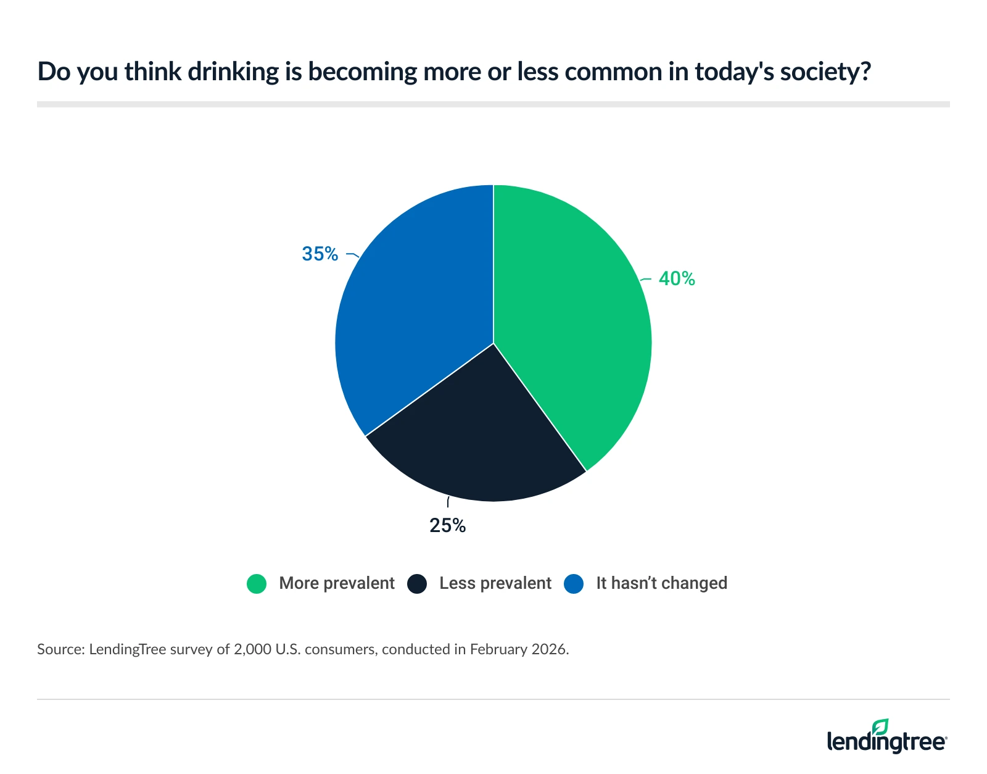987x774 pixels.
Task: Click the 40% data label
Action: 677,279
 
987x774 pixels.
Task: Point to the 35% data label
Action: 320,254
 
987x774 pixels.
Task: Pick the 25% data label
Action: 447,525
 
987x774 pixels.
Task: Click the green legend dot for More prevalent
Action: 257,584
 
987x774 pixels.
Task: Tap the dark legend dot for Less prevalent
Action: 418,584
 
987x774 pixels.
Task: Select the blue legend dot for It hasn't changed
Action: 574,584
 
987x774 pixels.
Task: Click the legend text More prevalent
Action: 336,583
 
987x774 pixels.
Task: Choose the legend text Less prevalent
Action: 495,583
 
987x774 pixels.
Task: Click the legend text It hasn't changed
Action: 661,583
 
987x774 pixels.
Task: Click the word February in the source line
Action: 498,649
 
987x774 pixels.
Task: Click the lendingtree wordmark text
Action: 886,741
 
